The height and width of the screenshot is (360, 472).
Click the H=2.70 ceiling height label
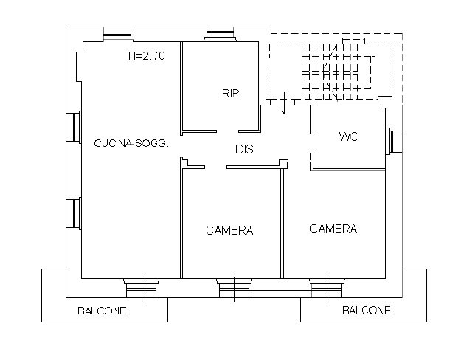[147, 56]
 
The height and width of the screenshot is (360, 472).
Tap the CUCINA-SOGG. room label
[131, 143]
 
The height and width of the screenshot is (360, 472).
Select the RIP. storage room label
[232, 94]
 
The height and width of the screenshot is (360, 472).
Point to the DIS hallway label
[244, 149]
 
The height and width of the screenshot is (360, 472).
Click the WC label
[349, 136]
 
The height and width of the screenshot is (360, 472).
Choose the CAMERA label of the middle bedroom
[229, 230]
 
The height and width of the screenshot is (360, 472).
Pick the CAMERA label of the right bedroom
[333, 229]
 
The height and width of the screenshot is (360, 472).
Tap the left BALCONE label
[102, 311]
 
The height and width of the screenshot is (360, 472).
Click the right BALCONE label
[367, 310]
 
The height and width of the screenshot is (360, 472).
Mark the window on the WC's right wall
[393, 142]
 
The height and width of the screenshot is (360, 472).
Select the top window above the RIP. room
[220, 34]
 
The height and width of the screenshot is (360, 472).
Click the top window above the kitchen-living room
[117, 33]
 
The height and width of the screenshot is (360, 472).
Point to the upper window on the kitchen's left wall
[74, 127]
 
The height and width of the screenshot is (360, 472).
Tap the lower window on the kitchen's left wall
[74, 214]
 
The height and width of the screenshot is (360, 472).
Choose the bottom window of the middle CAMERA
[235, 288]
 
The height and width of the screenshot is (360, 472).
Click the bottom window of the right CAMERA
[327, 288]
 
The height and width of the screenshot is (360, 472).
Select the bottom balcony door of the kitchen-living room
[141, 288]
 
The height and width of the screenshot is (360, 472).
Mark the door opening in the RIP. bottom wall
[228, 131]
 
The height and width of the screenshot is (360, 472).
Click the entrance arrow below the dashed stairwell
[284, 103]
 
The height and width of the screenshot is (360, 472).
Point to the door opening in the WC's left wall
[312, 144]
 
